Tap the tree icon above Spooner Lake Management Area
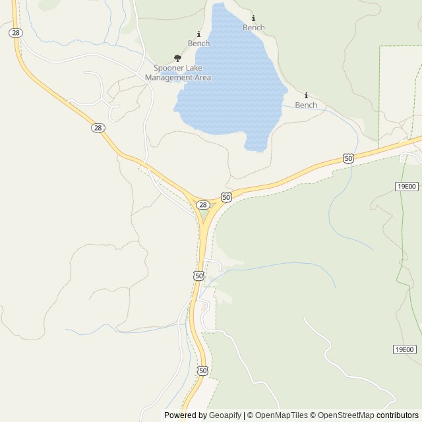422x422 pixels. point(177,58)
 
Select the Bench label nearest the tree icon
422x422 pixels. point(198,44)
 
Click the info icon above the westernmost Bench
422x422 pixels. point(198,34)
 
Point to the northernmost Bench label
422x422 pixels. point(253,28)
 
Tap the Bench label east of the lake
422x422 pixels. point(306,105)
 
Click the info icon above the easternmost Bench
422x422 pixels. point(306,95)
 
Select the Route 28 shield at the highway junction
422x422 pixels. point(203,205)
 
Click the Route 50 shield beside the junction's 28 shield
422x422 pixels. point(226,197)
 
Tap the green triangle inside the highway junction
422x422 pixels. point(204,216)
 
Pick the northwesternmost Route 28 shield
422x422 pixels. point(15,32)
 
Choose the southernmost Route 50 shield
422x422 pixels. point(202,371)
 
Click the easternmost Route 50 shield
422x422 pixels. point(348,158)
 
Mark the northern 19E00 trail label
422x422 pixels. point(406,187)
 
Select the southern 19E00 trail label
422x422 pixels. point(405,349)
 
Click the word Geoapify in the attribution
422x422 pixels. point(225,415)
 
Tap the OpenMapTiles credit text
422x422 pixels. point(277,415)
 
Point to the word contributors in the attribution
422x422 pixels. point(398,415)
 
